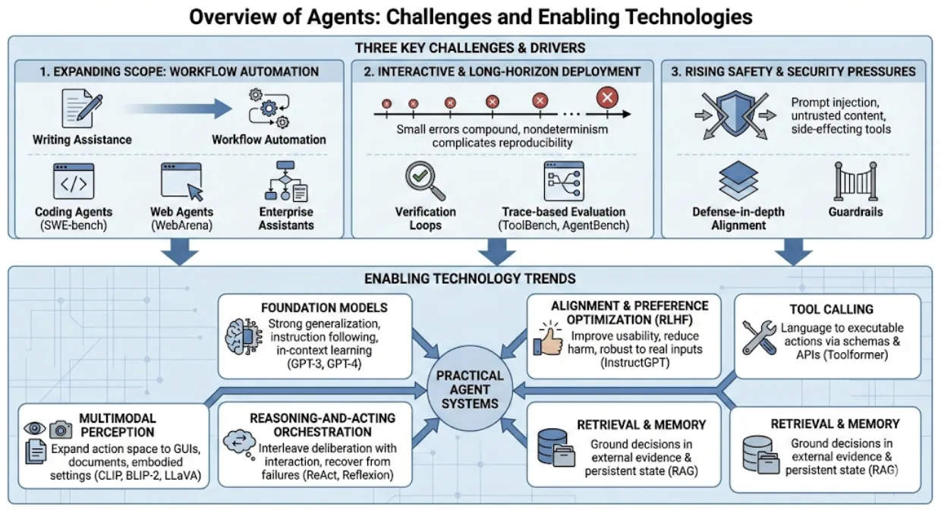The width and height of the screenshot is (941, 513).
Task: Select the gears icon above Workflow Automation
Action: coord(269,109)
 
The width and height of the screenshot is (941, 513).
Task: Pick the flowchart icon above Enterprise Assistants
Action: coord(285,181)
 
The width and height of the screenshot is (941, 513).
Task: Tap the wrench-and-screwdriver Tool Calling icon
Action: coord(758,338)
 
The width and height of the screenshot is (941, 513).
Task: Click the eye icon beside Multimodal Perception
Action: coord(35,428)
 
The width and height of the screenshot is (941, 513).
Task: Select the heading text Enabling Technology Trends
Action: coord(470,279)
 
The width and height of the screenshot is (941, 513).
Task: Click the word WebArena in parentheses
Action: coord(182,226)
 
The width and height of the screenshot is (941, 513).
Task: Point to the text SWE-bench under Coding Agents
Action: coord(74,226)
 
